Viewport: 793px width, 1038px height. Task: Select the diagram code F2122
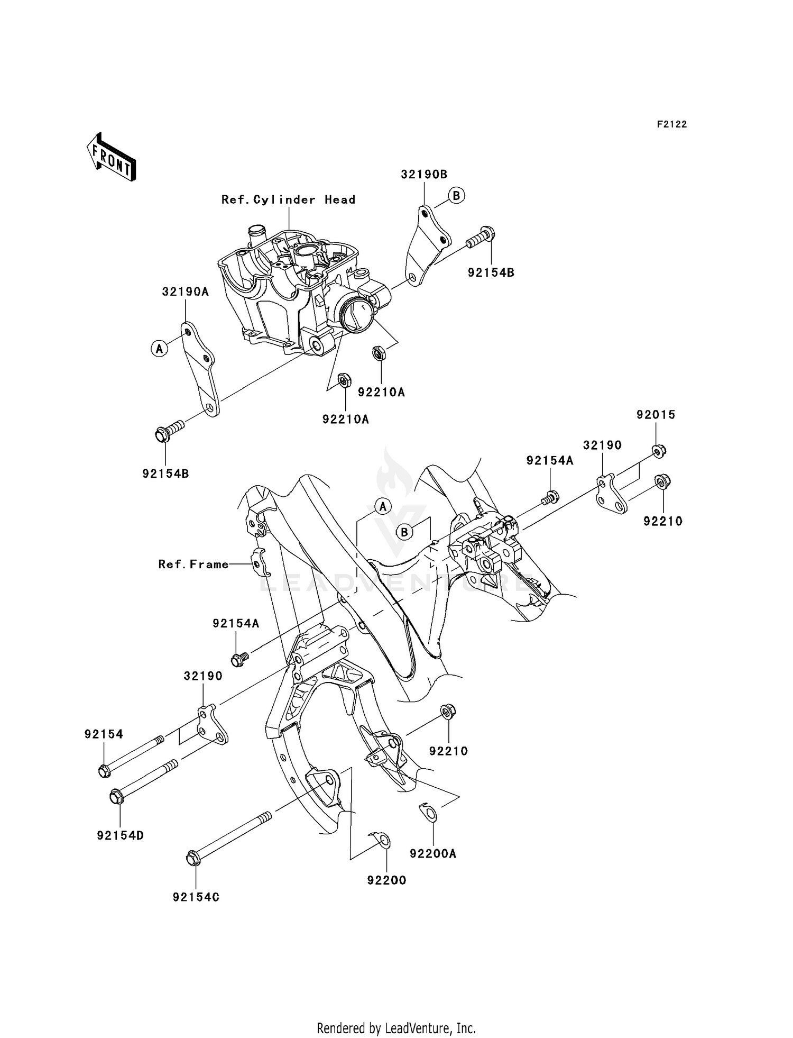(671, 124)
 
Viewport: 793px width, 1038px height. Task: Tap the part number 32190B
(423, 174)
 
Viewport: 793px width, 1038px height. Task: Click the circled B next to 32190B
(457, 195)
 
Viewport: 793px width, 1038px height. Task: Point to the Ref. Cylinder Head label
(288, 199)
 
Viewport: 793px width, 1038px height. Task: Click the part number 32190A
(185, 292)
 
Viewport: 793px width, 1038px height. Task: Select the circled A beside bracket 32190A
(159, 348)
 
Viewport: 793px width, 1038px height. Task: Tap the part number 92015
(656, 415)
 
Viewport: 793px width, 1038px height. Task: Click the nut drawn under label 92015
(658, 451)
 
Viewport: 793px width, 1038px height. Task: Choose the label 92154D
(120, 836)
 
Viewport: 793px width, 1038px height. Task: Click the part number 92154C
(196, 897)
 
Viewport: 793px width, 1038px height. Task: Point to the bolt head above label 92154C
(193, 858)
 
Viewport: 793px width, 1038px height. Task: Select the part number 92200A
(433, 853)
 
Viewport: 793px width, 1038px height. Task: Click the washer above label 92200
(383, 840)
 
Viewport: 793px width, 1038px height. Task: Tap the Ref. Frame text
(193, 564)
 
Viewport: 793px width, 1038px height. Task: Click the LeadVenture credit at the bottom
(396, 1028)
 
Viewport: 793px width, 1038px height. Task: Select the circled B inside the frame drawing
(404, 532)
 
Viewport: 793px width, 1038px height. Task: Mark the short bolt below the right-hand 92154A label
(550, 496)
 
